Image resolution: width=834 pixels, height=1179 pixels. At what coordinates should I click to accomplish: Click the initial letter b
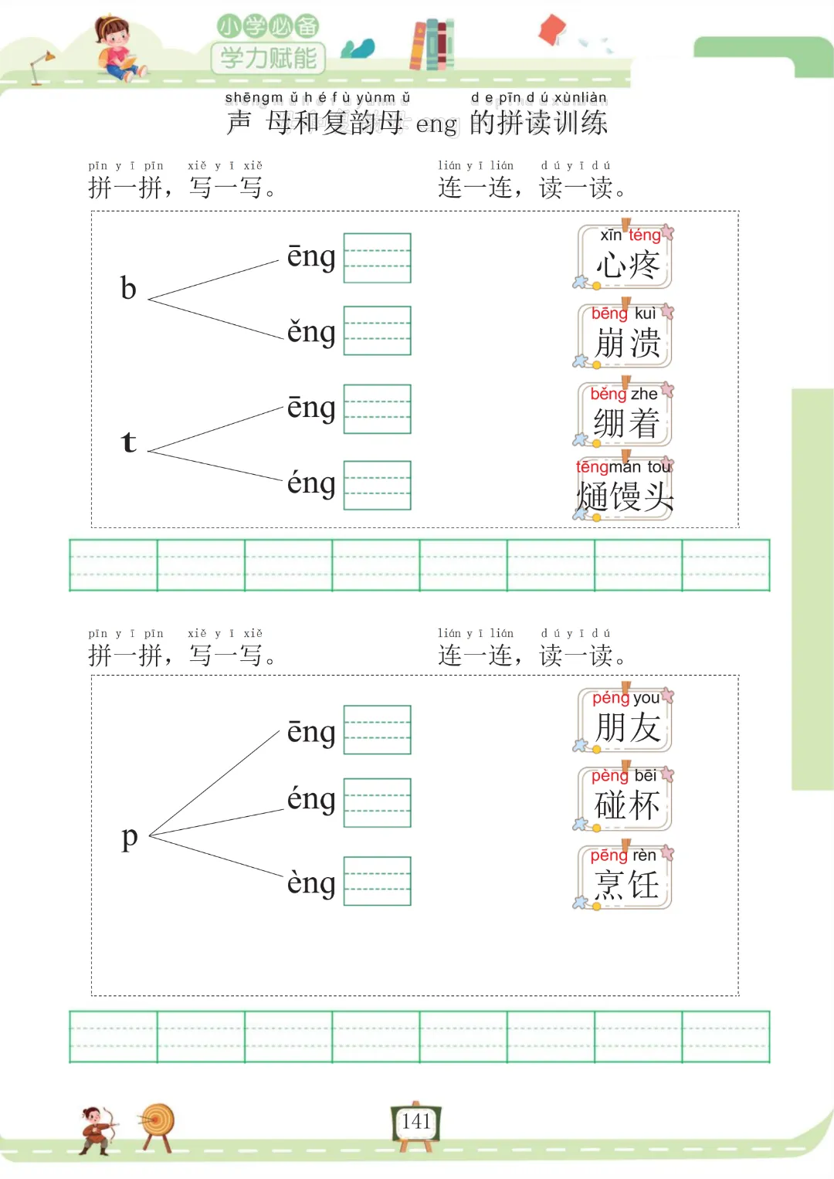[128, 289]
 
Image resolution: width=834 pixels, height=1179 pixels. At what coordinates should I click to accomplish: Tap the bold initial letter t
[129, 442]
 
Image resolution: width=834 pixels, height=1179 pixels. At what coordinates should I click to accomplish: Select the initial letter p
[130, 837]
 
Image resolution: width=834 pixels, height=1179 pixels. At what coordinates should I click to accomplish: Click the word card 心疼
[625, 257]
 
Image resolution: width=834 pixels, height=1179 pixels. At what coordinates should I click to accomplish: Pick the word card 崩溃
[625, 337]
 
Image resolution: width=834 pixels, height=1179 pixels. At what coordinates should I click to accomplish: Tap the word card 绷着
[625, 415]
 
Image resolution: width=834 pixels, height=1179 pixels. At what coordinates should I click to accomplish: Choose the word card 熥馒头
[625, 490]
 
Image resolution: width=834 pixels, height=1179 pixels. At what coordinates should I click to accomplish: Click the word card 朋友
[625, 720]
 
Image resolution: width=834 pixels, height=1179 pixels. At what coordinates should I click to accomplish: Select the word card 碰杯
[625, 798]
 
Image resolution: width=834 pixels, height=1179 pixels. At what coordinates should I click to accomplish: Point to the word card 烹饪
[625, 877]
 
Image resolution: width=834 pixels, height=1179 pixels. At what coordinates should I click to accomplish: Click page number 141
[416, 1122]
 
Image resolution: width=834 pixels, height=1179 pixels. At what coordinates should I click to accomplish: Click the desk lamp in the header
[41, 66]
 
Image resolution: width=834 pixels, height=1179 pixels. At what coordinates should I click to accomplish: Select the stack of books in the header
[432, 45]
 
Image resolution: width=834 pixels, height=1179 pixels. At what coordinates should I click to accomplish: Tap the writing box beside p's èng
[377, 881]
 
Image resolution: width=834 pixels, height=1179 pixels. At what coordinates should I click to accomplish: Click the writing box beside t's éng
[377, 485]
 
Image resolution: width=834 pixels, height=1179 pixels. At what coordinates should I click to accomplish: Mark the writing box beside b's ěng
[377, 330]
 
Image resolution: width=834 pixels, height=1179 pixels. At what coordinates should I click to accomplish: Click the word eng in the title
[436, 124]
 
